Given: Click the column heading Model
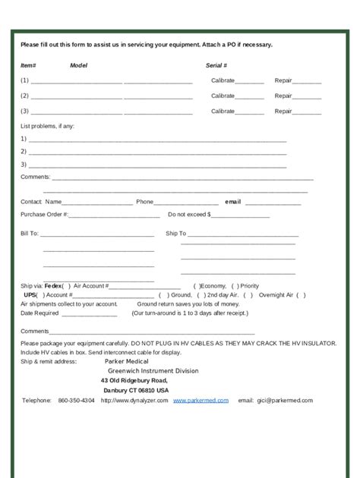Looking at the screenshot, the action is tap(78, 66).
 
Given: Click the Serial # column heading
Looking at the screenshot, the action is tap(216, 66).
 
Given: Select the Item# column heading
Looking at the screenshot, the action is tap(28, 66).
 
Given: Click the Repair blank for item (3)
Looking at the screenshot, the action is tap(307, 112).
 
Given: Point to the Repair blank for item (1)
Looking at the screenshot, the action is tap(307, 81).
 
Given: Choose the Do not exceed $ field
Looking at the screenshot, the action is tap(241, 215).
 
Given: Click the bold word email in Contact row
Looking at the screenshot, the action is tap(232, 202).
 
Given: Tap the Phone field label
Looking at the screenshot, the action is tap(144, 202).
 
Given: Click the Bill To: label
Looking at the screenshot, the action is tap(29, 234).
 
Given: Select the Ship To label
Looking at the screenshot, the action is tap(175, 234).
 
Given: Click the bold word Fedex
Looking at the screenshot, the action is tap(53, 286).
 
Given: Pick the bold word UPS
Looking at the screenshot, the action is tap(30, 294).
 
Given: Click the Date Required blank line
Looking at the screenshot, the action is tap(88, 313).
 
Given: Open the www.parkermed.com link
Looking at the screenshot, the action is tap(201, 400).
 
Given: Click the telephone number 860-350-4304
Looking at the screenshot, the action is tap(76, 400).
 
